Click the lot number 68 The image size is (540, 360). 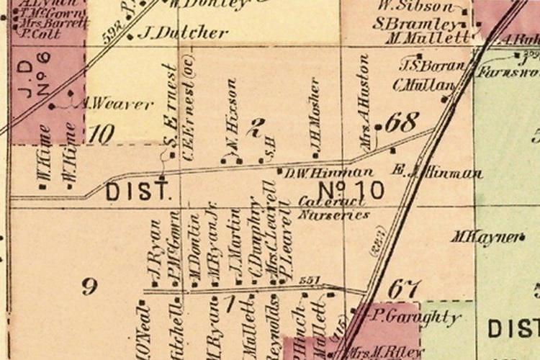click(401, 122)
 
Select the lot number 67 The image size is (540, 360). click(404, 289)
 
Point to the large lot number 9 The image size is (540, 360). click(89, 288)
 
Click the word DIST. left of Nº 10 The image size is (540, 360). click(139, 192)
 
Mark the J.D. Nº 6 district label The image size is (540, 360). click(30, 78)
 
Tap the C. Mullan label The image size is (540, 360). click(424, 84)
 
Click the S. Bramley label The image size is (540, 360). click(415, 23)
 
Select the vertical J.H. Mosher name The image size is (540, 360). click(315, 117)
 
